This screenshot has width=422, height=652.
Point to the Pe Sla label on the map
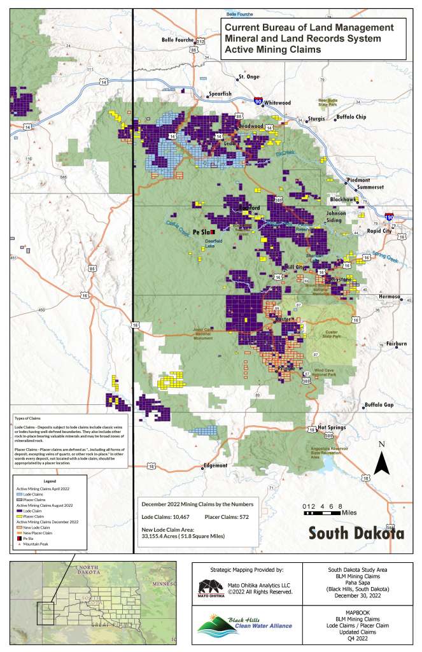[x=201, y=232]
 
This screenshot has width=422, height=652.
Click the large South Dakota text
[x=356, y=533]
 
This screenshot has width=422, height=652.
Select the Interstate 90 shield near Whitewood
[x=258, y=101]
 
